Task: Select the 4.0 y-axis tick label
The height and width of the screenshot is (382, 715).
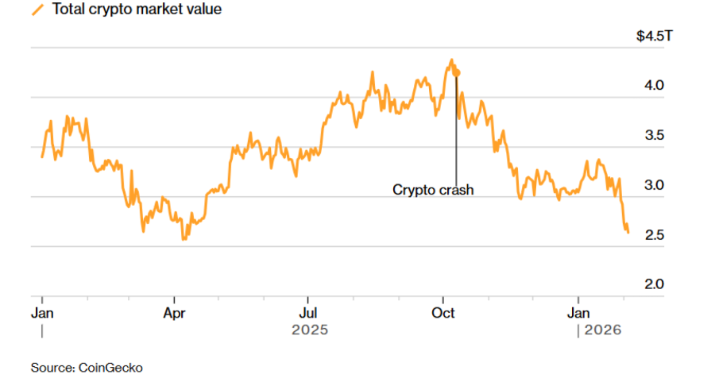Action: click(x=654, y=85)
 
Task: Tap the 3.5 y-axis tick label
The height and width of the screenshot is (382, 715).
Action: click(x=654, y=135)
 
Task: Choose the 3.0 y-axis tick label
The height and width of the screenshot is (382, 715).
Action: click(x=654, y=185)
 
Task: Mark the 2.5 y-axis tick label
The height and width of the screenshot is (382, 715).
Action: click(x=654, y=235)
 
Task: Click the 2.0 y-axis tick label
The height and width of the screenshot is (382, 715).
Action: click(x=654, y=284)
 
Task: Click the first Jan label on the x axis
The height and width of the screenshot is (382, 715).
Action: click(x=41, y=312)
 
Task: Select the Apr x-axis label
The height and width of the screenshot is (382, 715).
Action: click(x=174, y=312)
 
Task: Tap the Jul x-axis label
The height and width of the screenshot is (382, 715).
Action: click(x=308, y=312)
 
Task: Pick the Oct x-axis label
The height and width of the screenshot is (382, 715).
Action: click(x=443, y=312)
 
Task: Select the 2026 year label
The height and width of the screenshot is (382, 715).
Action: click(x=603, y=330)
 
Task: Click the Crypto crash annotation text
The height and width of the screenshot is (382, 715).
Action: click(x=433, y=190)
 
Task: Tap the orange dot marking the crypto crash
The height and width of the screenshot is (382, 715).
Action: click(x=457, y=72)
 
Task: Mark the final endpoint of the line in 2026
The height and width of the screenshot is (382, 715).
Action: click(x=628, y=232)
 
